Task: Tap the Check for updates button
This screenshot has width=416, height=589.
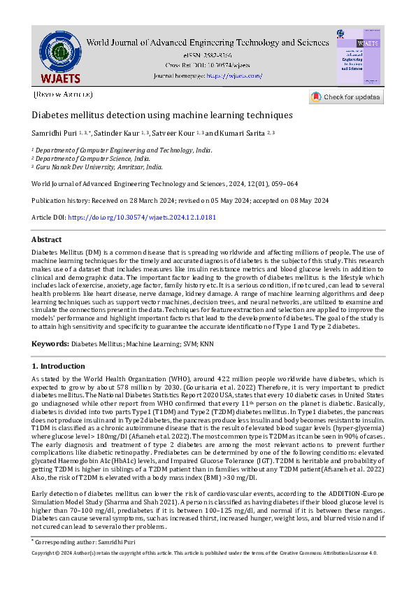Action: (x=346, y=97)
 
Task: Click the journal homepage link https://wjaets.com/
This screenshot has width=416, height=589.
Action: (x=234, y=76)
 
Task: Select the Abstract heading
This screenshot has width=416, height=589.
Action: (x=46, y=239)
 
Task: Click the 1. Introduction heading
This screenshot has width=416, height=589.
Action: (x=59, y=366)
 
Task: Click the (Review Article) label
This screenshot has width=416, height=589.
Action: (x=63, y=94)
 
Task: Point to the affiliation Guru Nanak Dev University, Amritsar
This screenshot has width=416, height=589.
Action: (x=99, y=168)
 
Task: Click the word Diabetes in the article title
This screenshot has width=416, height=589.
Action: (x=51, y=115)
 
